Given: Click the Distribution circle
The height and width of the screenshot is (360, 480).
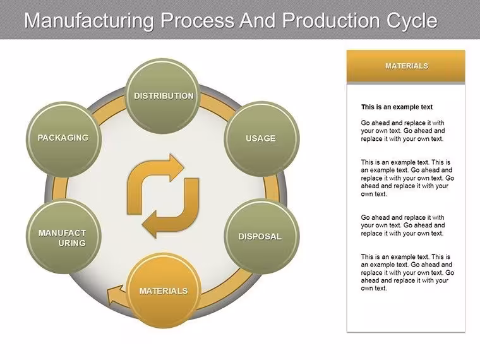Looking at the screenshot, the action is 164,96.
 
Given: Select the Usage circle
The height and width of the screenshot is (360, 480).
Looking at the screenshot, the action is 261,139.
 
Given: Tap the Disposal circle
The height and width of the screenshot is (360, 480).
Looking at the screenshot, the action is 261,236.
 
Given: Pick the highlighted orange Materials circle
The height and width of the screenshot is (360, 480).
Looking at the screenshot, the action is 164,291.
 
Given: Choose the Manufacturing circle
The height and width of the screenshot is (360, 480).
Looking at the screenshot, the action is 64,236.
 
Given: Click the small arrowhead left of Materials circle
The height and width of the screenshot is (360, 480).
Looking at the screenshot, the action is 115,294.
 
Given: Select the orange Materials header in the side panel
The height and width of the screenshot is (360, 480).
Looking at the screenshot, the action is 406,66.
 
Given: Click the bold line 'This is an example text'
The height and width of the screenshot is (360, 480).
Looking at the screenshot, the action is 397,107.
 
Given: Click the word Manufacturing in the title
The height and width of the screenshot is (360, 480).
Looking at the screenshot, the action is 89,20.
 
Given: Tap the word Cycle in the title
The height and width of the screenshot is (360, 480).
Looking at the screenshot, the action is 412,21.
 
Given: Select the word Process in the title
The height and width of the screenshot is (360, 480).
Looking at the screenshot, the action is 198,20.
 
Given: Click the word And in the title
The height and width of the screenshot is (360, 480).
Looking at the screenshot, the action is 258,20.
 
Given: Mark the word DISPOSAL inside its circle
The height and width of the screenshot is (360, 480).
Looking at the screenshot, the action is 260,237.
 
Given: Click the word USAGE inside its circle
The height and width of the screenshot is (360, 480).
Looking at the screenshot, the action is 260,138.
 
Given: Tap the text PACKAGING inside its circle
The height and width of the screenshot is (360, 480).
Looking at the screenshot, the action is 63,138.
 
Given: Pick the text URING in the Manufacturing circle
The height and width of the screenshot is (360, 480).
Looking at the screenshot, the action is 72,243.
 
